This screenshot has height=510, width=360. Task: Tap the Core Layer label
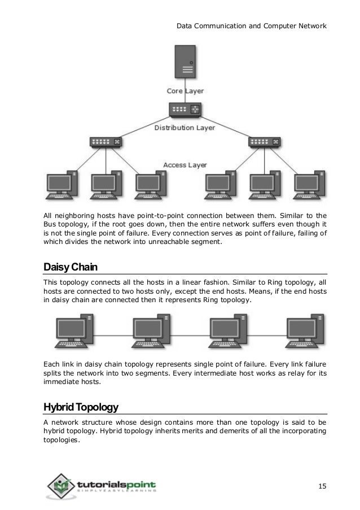click(x=185, y=91)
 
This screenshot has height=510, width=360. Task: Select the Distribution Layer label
click(x=185, y=128)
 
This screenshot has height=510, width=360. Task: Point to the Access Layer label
click(x=185, y=165)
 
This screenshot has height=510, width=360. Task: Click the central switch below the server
click(x=185, y=109)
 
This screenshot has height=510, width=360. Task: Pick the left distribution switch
click(x=105, y=142)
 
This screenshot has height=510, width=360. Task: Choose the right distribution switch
click(x=264, y=142)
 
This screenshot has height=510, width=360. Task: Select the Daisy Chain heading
click(x=66, y=267)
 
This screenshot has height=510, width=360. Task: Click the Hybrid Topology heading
click(x=81, y=407)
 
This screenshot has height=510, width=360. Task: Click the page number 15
click(x=322, y=486)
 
